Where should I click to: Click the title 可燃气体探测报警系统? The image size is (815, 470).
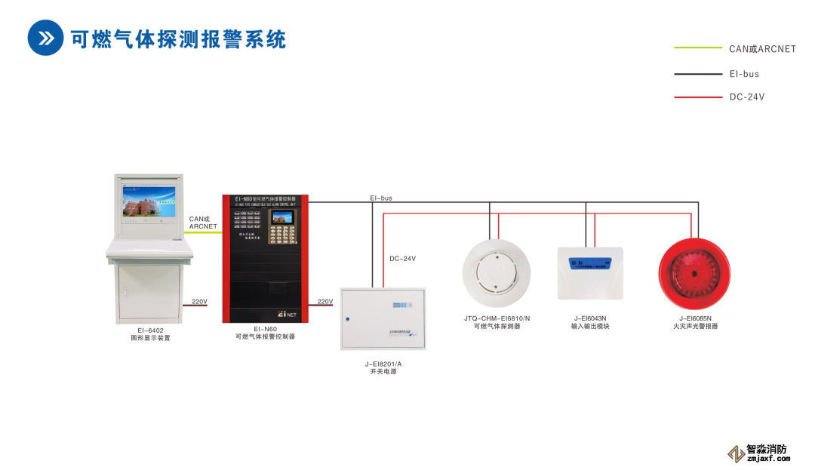tap(178, 38)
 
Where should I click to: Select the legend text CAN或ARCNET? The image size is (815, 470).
tap(762, 49)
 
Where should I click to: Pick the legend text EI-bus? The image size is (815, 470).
tap(744, 74)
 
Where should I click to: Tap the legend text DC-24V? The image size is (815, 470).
tap(747, 97)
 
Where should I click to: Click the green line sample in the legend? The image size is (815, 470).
tap(697, 48)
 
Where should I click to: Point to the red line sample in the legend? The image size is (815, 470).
tap(697, 97)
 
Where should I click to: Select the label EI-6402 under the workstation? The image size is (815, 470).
tap(150, 330)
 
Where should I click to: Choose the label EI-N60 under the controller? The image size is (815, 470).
tap(265, 329)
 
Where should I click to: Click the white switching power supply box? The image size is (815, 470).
tap(383, 318)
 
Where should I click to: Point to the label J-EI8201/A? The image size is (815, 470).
tap(383, 364)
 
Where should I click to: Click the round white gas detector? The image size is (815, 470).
tap(497, 272)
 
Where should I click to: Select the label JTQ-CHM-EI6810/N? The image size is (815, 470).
tap(497, 318)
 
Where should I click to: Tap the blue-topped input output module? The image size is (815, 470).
tap(590, 273)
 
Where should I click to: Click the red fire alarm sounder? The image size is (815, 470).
tap(694, 272)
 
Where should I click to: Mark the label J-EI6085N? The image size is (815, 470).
tap(695, 318)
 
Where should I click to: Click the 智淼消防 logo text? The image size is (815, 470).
tap(767, 448)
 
